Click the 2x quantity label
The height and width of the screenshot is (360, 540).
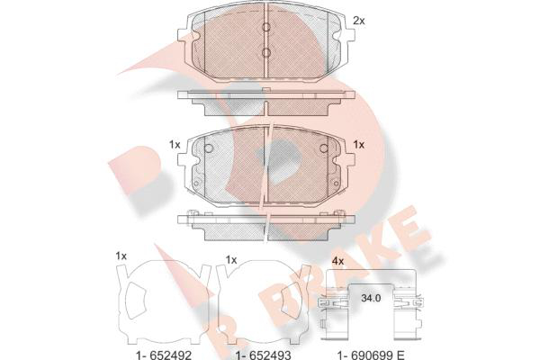coord(359,21)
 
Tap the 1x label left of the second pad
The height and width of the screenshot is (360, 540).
coord(175,145)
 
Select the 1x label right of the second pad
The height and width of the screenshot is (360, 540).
coord(359,145)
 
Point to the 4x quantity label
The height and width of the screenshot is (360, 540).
coord(337,262)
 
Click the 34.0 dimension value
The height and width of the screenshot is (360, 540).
coord(371,298)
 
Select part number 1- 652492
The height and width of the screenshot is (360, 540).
coord(164,355)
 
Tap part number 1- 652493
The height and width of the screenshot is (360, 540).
coord(263,355)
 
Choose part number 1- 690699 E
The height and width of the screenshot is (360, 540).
coord(371,355)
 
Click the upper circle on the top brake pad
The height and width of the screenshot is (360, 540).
coord(266,27)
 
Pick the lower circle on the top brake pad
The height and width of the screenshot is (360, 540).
coord(266,52)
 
